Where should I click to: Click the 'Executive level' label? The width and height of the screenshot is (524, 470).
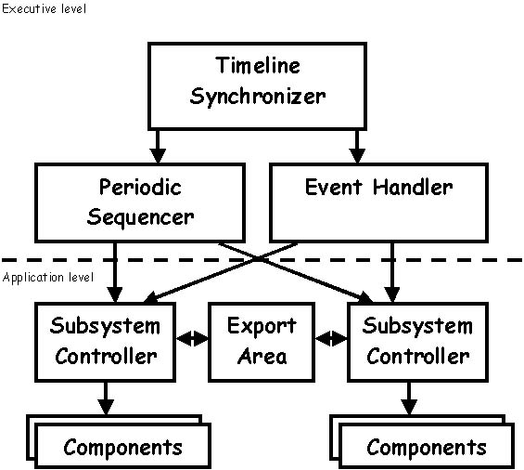(x=44, y=8)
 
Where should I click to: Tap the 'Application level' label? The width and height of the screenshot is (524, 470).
(x=48, y=278)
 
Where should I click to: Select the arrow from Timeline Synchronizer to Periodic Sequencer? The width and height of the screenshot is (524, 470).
(x=158, y=147)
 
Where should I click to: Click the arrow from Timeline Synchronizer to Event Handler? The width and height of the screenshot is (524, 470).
(x=357, y=147)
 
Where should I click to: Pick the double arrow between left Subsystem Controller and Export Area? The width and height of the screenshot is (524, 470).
(x=192, y=338)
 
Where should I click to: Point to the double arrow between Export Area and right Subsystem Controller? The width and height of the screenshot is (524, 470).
(x=331, y=338)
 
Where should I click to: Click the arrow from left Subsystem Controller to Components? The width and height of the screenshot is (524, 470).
(x=106, y=398)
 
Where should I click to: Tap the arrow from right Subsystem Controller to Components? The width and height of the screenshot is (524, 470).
(x=409, y=398)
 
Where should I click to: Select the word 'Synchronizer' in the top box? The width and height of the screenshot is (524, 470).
(x=257, y=97)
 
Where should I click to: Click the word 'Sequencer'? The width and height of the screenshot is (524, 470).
(x=140, y=217)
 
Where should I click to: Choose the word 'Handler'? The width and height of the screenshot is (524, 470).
(x=413, y=187)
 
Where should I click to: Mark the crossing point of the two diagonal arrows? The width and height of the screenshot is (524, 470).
(x=258, y=258)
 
